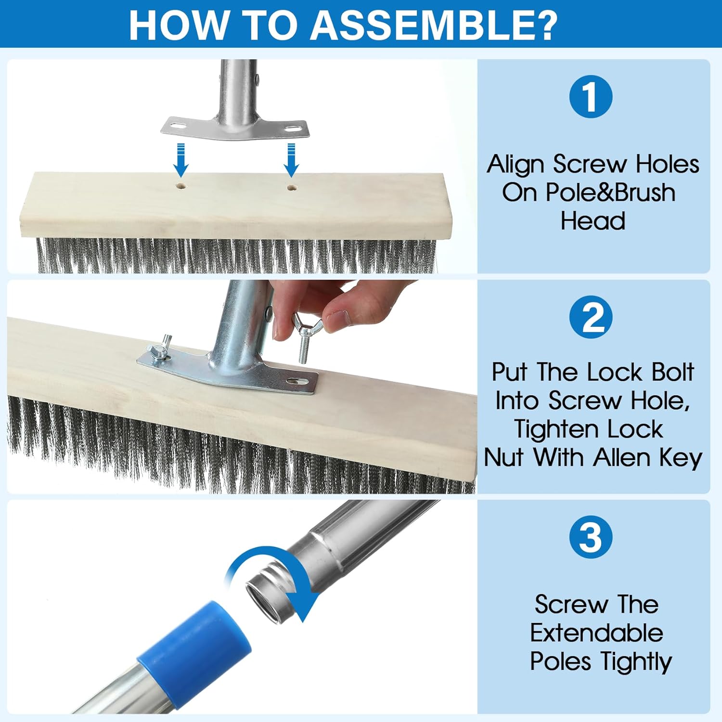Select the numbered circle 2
coord(591,317)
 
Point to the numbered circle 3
coord(591,537)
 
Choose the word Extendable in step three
coord(596,632)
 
